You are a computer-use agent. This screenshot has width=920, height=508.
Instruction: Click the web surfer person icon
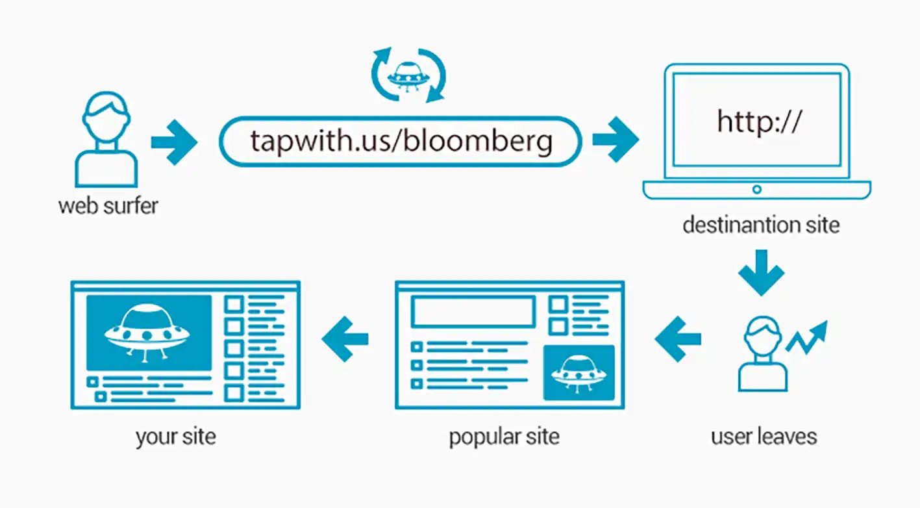point(106,139)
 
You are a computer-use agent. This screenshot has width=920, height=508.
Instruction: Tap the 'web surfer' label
point(108,206)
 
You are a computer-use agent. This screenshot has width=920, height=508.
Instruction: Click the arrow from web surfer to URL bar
point(174,142)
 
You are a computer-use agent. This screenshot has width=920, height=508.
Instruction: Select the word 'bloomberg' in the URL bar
point(478,142)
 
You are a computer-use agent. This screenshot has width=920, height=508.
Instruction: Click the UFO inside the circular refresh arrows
point(408,75)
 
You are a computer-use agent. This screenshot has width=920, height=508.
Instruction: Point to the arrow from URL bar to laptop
point(615,140)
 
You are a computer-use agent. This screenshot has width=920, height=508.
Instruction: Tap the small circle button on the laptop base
point(757,190)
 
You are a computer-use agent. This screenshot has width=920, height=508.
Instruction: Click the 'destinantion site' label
point(761,225)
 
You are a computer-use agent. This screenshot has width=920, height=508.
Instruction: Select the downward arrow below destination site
point(762,272)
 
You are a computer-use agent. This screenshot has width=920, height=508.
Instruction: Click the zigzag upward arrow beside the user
point(806,337)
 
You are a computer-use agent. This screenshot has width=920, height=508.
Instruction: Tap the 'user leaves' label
point(764,436)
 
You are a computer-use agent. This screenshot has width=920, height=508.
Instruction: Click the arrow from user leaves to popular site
point(678,339)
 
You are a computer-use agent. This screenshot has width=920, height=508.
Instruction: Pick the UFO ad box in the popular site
point(578,373)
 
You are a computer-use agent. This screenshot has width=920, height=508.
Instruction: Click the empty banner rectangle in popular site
point(473,312)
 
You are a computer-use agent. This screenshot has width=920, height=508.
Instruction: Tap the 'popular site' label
point(504,437)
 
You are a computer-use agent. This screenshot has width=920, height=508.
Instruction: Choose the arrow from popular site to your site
point(345,339)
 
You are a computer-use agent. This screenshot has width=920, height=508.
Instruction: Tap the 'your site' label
point(176,437)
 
